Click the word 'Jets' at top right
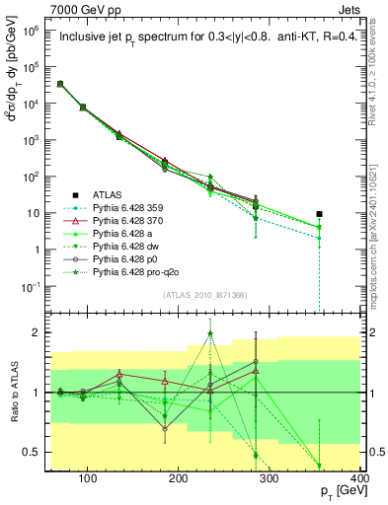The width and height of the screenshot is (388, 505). click(349, 9)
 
